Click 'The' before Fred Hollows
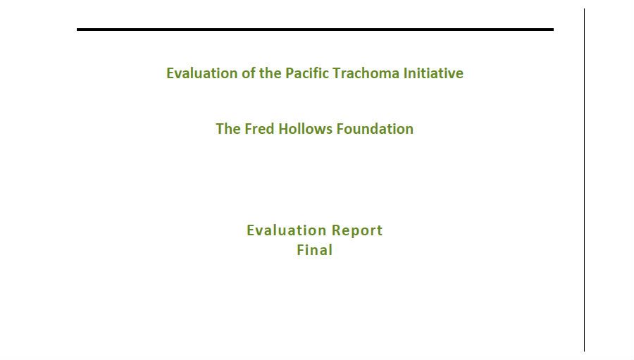(x=228, y=129)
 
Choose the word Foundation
(x=375, y=129)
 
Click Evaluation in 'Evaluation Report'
(x=286, y=230)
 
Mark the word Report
(x=357, y=230)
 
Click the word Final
(x=315, y=250)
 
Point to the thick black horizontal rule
(x=315, y=30)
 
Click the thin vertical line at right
(x=584, y=180)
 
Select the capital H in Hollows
(x=283, y=129)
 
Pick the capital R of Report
(x=336, y=230)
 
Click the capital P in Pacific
(x=290, y=73)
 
